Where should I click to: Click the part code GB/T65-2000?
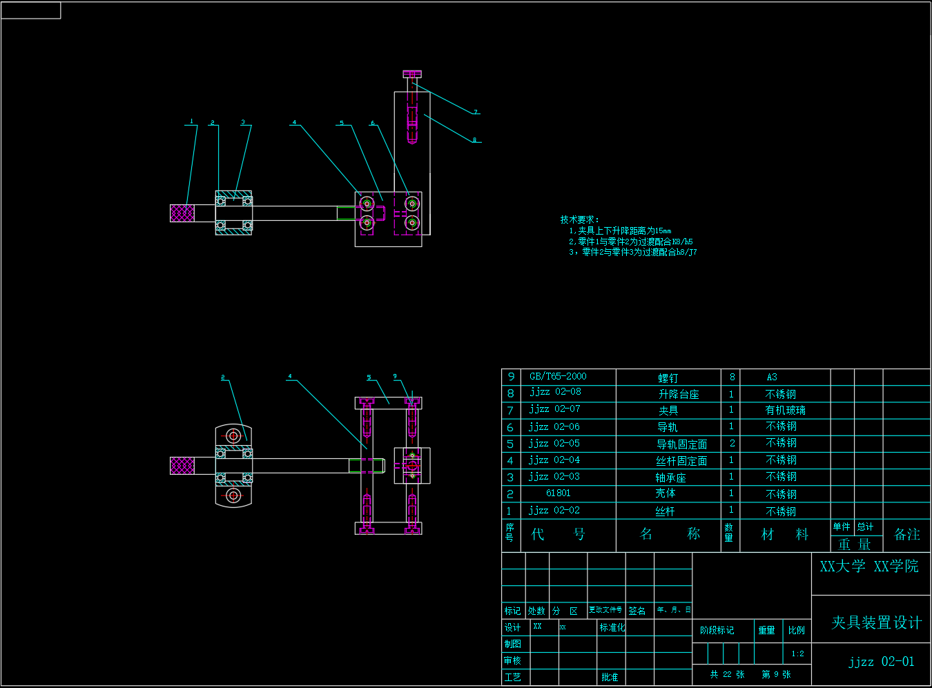(558, 376)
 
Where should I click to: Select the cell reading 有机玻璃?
(785, 410)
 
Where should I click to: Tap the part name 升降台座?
(679, 394)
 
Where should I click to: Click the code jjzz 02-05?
(554, 444)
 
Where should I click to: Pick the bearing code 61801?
(558, 493)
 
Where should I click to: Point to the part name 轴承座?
(670, 478)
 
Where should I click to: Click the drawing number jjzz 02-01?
(882, 662)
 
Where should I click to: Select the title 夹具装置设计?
(876, 622)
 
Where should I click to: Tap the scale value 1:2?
(797, 653)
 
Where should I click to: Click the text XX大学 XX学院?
(869, 567)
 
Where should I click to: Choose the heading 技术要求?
(579, 219)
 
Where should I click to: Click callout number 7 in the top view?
(476, 111)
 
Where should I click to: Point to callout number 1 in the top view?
(192, 121)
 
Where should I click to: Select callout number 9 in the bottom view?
(395, 376)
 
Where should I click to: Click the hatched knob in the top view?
(182, 213)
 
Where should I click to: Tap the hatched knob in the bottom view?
(182, 466)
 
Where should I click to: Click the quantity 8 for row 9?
(732, 377)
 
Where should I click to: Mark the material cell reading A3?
(772, 377)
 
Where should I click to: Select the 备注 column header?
(906, 534)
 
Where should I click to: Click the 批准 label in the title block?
(610, 677)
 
